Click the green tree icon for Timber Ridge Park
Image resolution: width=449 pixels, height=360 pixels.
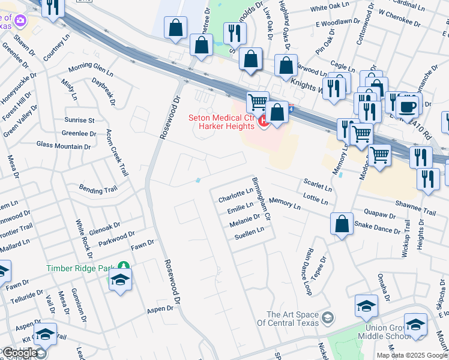[x=122, y=266]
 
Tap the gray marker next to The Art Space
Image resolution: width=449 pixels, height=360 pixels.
[x=328, y=317]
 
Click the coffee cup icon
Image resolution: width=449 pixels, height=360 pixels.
[x=408, y=107]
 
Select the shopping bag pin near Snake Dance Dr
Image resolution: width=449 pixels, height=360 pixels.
[x=342, y=224]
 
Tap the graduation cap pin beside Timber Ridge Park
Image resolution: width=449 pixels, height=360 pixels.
[x=121, y=280]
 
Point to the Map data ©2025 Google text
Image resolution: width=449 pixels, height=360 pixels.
[x=411, y=355]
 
